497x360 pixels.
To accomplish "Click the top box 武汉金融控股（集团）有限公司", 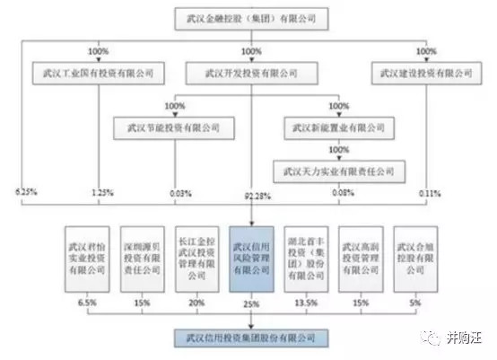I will pyautogui.click(x=252, y=17).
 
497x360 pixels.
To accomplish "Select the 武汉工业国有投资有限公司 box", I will pyautogui.click(x=93, y=70).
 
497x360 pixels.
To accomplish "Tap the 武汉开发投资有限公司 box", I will pyautogui.click(x=251, y=70).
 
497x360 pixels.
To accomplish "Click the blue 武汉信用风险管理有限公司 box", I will pyautogui.click(x=252, y=253).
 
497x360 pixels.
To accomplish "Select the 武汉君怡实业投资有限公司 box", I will pyautogui.click(x=86, y=253).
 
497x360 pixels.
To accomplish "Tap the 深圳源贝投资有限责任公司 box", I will pyautogui.click(x=141, y=253).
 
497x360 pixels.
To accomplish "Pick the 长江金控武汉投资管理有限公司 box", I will pyautogui.click(x=196, y=253).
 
